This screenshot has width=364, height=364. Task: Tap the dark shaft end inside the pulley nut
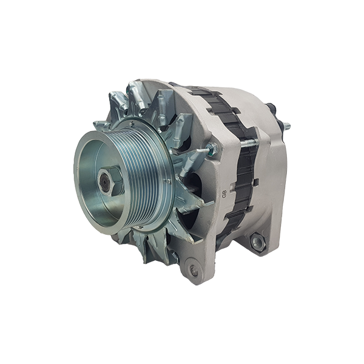click(x=104, y=180)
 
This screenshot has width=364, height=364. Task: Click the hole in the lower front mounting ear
click(x=194, y=271)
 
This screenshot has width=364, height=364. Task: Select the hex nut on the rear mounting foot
click(x=257, y=241)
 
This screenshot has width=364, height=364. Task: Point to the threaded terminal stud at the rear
click(x=286, y=126)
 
